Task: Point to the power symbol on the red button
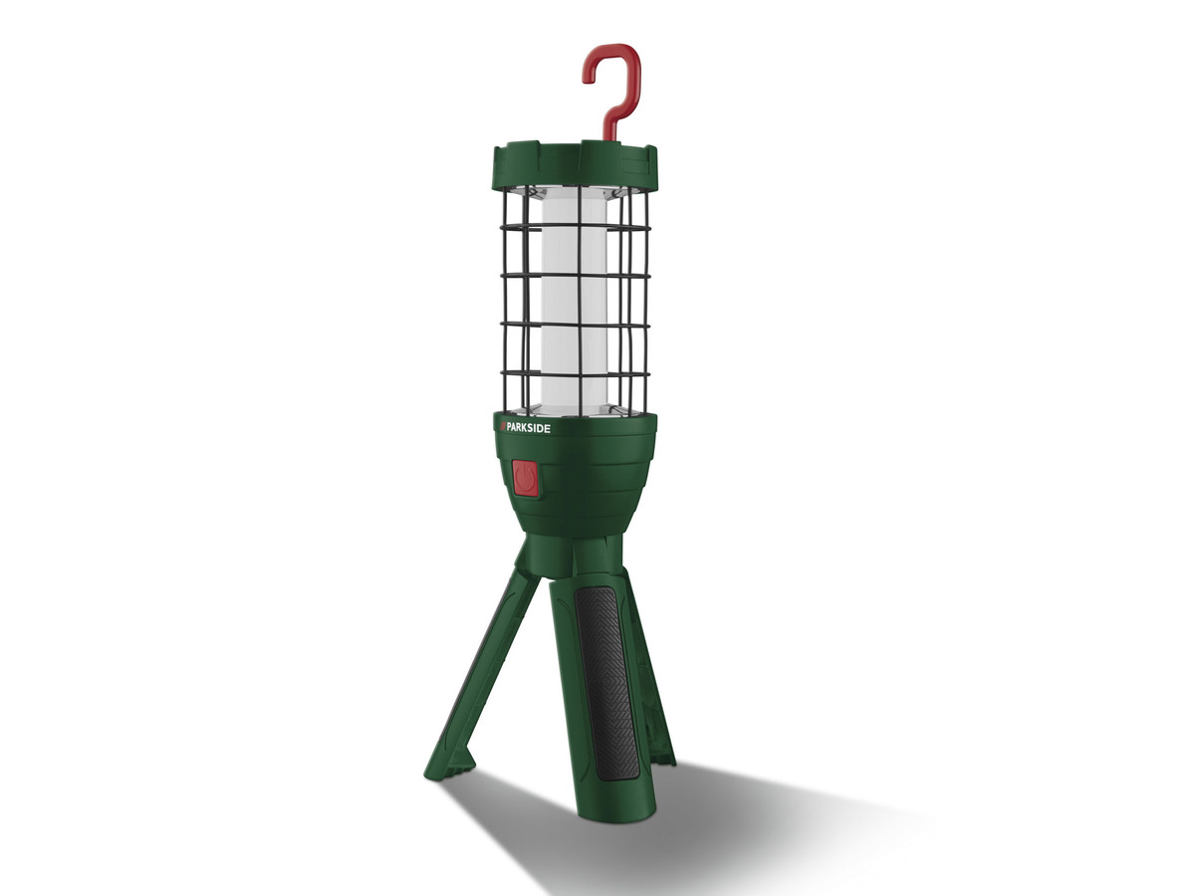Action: click(524, 479)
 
